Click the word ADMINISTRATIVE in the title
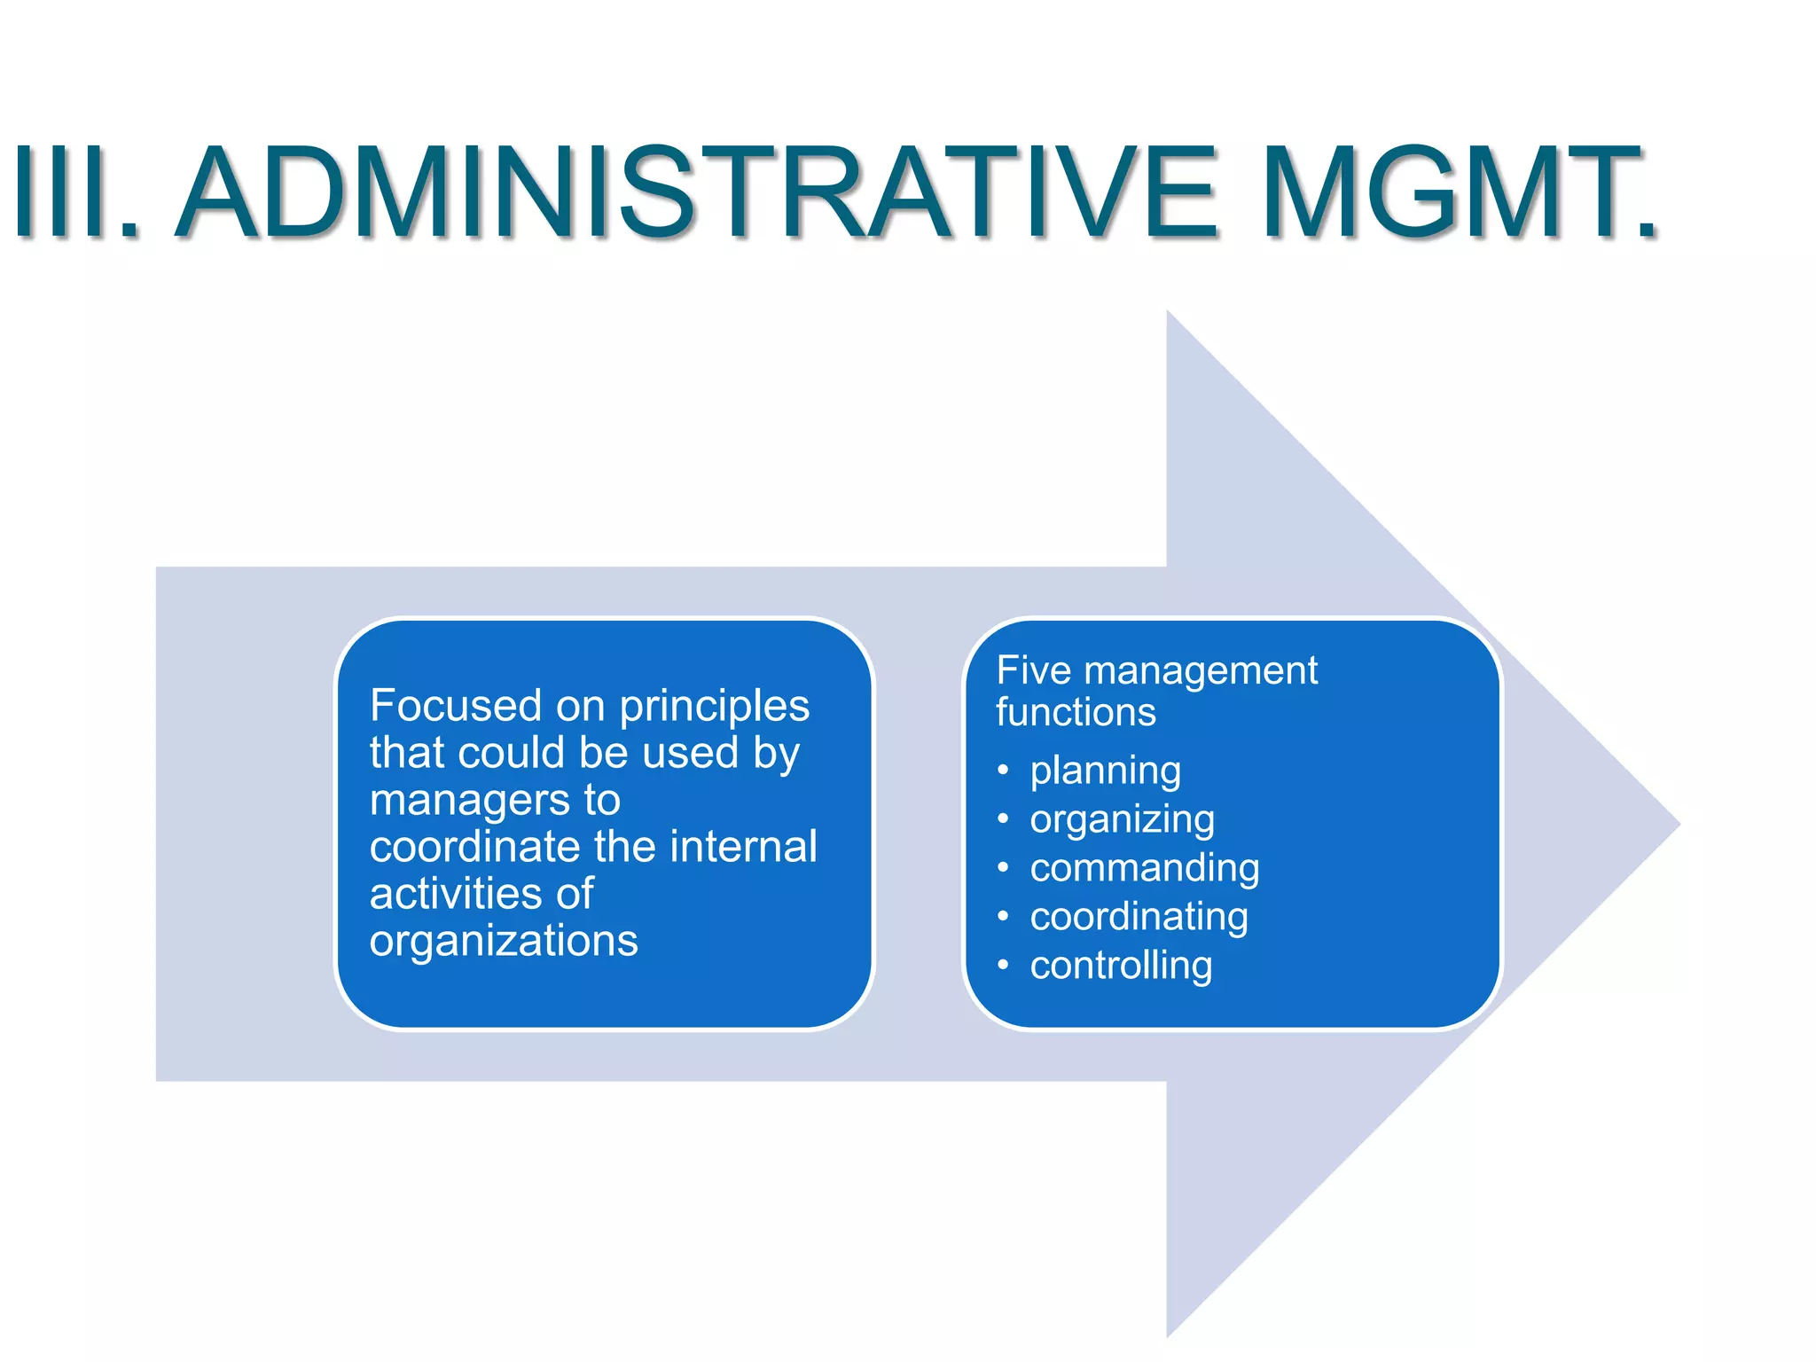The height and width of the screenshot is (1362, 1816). tap(696, 193)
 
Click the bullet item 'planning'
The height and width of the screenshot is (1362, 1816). tap(1105, 771)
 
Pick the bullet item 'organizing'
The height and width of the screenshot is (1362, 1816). tap(1122, 819)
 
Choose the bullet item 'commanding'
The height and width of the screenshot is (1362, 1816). tap(1144, 867)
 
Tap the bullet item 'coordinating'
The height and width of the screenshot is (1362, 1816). tap(1139, 916)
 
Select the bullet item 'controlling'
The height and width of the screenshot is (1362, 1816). tap(1121, 965)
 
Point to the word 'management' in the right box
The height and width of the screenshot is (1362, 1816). tap(1201, 671)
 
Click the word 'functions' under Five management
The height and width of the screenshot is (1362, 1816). tap(1076, 712)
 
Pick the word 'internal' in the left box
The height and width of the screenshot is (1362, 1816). tap(744, 846)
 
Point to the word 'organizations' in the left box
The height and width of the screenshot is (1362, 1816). tap(504, 941)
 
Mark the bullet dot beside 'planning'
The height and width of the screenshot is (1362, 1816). tap(1003, 771)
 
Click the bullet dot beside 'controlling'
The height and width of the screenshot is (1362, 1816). tap(1003, 965)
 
